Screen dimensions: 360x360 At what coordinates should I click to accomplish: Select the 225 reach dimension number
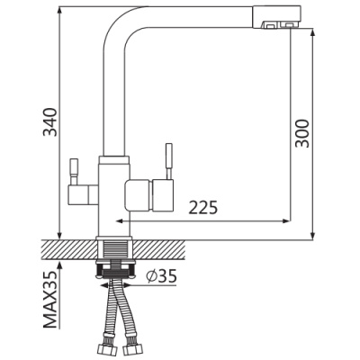202,207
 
